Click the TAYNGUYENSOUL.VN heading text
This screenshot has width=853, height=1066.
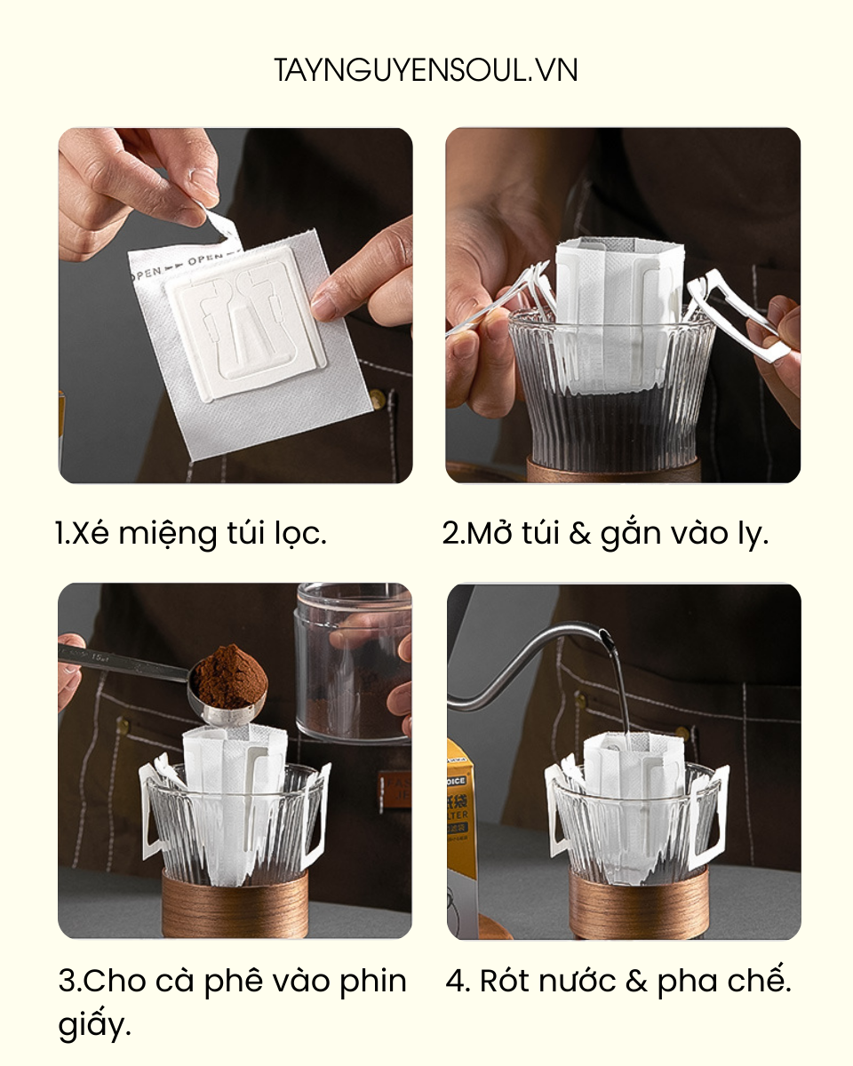[x=426, y=70]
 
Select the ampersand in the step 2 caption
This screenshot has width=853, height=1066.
[x=580, y=534]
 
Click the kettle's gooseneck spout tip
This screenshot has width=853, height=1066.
[x=603, y=634]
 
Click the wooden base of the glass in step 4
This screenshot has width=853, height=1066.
[x=638, y=906]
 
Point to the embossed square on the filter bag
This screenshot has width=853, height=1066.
[x=245, y=324]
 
